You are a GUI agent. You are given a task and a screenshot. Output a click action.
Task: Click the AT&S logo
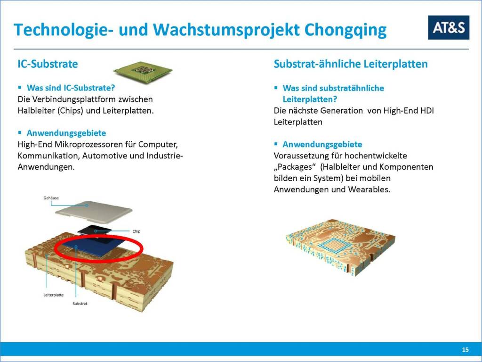tap(449, 27)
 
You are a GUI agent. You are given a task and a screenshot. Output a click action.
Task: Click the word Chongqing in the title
tap(345, 30)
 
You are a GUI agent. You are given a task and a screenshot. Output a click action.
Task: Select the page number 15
tap(465, 350)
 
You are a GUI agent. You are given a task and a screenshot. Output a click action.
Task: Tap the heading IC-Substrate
tap(48, 64)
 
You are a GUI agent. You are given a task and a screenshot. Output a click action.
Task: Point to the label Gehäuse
tap(51, 198)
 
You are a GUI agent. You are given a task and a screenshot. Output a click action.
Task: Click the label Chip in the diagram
tap(136, 231)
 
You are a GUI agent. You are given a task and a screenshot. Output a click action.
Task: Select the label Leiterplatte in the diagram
tap(54, 295)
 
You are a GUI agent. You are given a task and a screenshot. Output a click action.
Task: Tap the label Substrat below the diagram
tap(80, 304)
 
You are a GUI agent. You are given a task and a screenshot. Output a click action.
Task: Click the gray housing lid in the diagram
tap(94, 212)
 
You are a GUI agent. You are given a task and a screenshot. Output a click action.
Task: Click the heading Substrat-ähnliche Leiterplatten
tap(351, 64)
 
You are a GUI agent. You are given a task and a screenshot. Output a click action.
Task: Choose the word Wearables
tap(369, 189)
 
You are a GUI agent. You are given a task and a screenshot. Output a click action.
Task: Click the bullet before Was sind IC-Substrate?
tap(20, 88)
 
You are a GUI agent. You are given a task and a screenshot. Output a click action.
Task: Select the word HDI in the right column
tap(427, 110)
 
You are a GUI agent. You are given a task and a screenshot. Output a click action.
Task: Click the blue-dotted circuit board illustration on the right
tap(341, 247)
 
